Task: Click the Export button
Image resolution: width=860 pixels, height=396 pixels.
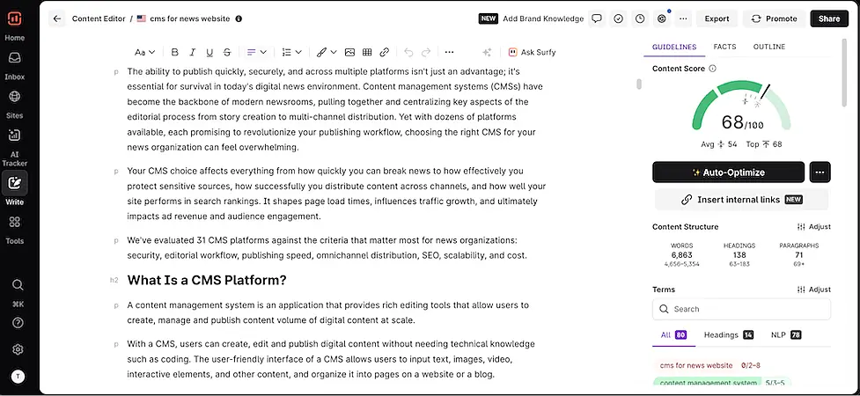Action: pyautogui.click(x=717, y=18)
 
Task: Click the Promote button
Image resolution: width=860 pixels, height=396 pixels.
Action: pyautogui.click(x=773, y=18)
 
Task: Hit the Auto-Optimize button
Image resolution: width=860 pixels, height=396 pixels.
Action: pyautogui.click(x=728, y=172)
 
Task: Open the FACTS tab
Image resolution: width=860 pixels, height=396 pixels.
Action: pyautogui.click(x=724, y=47)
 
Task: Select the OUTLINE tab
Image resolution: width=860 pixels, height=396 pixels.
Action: pyautogui.click(x=769, y=47)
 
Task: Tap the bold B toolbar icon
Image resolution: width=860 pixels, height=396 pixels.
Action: pyautogui.click(x=175, y=53)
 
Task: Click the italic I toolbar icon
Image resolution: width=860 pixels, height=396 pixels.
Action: pyautogui.click(x=193, y=53)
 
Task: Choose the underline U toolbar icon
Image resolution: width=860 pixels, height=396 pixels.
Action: pyautogui.click(x=210, y=53)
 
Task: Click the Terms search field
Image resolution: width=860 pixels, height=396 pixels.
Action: pyautogui.click(x=741, y=309)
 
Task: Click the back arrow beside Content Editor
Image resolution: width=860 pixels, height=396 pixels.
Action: pyautogui.click(x=57, y=18)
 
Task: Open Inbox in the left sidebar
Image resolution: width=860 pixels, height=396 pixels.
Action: pyautogui.click(x=14, y=64)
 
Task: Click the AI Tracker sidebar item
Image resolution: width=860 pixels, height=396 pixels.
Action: pyautogui.click(x=14, y=146)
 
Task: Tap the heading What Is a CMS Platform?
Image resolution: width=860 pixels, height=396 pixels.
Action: pyautogui.click(x=207, y=281)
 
